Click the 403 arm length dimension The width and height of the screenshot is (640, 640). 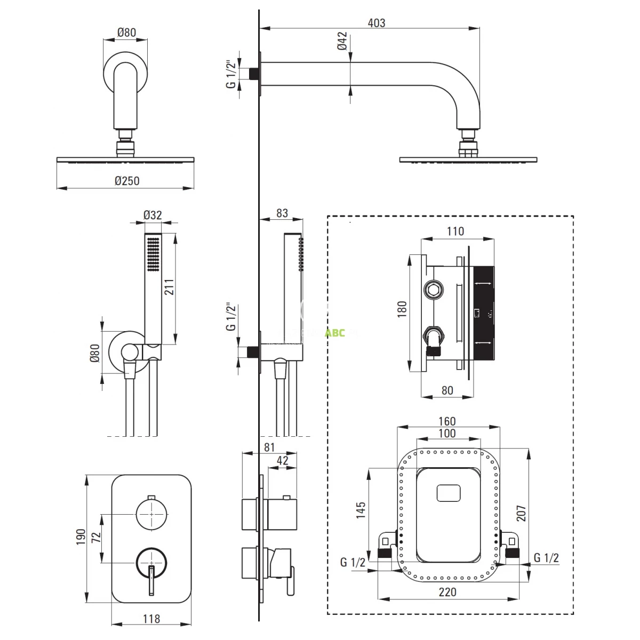(376, 23)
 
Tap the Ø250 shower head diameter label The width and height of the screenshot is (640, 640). (126, 180)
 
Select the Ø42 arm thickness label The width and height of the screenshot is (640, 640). (342, 41)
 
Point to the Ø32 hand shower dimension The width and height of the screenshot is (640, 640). (153, 215)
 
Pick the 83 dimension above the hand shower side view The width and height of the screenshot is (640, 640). (282, 213)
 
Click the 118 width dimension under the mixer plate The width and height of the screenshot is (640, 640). (151, 619)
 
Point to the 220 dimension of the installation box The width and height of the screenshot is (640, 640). (447, 592)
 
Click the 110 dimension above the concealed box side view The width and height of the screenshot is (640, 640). (455, 231)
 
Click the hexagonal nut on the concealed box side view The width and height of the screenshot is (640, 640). (433, 290)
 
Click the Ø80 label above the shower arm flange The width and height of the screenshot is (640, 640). (127, 33)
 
